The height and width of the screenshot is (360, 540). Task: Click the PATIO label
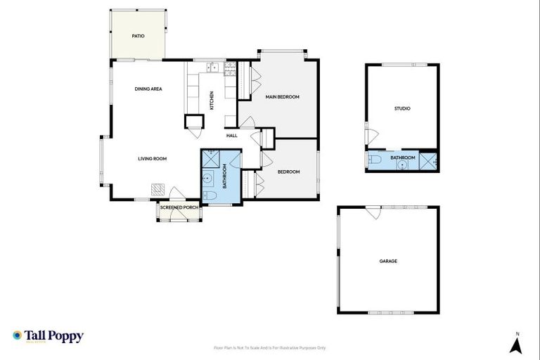tap(139, 36)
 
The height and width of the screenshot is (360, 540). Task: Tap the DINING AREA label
tap(148, 89)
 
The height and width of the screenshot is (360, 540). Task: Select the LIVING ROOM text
tap(152, 159)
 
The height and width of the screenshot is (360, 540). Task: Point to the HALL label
tap(231, 135)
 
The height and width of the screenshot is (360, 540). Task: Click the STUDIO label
tap(401, 108)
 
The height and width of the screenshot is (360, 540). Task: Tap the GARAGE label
tap(388, 261)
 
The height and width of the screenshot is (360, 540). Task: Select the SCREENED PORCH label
tap(179, 207)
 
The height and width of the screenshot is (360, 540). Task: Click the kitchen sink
tap(212, 68)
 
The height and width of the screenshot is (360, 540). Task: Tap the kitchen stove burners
tap(229, 68)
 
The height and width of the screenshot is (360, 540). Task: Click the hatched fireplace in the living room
tap(158, 189)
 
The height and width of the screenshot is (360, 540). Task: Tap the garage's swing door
tap(371, 213)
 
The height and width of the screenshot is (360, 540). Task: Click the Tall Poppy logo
tap(48, 336)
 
